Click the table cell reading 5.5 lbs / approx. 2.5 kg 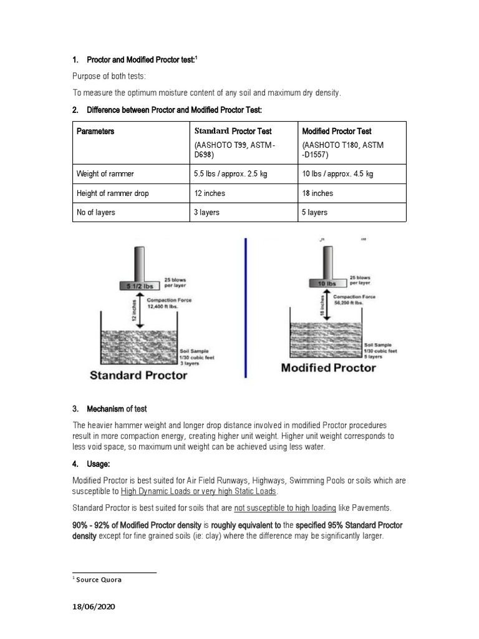pyautogui.click(x=230, y=174)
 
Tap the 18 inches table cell pyautogui.click(x=317, y=193)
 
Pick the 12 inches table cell pyautogui.click(x=210, y=193)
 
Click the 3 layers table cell pyautogui.click(x=207, y=213)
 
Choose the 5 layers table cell pyautogui.click(x=315, y=213)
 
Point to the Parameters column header pyautogui.click(x=95, y=132)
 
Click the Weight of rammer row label pyautogui.click(x=105, y=174)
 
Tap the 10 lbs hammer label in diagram pyautogui.click(x=327, y=283)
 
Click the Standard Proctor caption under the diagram pyautogui.click(x=138, y=375)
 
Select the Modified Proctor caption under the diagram pyautogui.click(x=329, y=368)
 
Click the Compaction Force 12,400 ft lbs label pyautogui.click(x=169, y=304)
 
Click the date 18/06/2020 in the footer pyautogui.click(x=94, y=607)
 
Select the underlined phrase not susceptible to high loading pyautogui.click(x=285, y=508)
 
